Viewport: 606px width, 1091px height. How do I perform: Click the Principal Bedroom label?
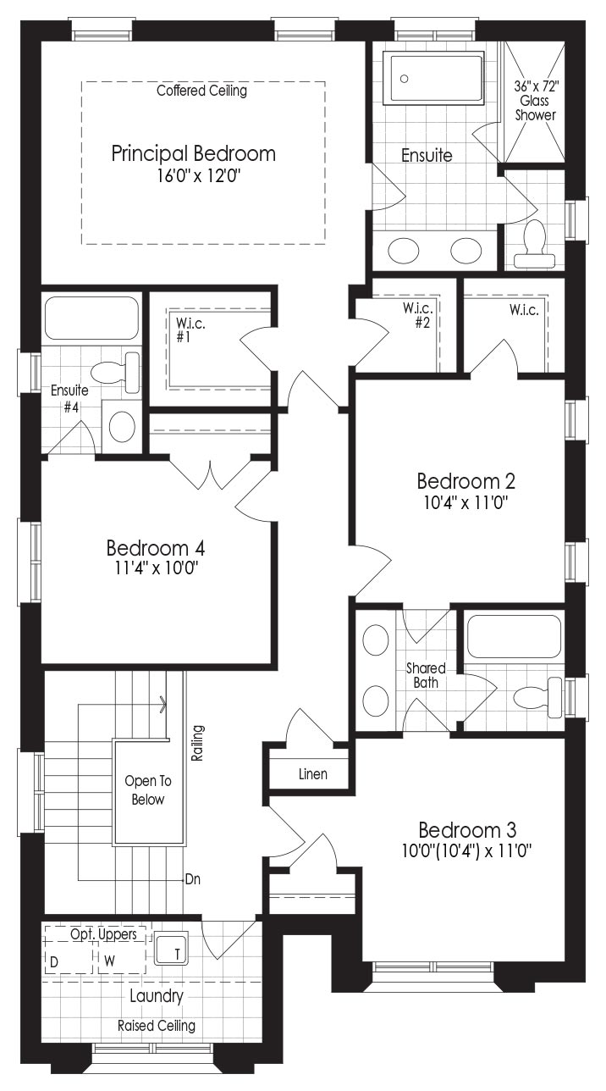193,154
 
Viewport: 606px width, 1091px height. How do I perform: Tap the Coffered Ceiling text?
201,91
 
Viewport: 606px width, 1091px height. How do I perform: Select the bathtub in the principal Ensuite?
433,79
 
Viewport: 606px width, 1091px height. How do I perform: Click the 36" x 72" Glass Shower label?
536,101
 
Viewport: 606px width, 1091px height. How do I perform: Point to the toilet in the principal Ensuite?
534,244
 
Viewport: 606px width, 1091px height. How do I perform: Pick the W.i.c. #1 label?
190,330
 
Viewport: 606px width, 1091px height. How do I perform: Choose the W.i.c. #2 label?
417,315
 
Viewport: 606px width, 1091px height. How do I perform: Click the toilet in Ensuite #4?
116,373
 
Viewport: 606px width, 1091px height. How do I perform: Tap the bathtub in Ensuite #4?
92,318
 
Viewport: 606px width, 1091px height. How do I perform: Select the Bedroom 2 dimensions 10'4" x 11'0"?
466,502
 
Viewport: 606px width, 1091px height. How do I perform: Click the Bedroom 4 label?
155,548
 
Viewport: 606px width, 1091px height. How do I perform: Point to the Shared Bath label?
426,675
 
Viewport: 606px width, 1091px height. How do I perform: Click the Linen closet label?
312,774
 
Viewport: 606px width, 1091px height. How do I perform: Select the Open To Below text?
148,790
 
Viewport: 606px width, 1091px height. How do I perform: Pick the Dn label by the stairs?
193,879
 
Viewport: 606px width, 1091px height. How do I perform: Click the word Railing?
197,743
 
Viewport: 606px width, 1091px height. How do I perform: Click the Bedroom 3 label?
467,829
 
